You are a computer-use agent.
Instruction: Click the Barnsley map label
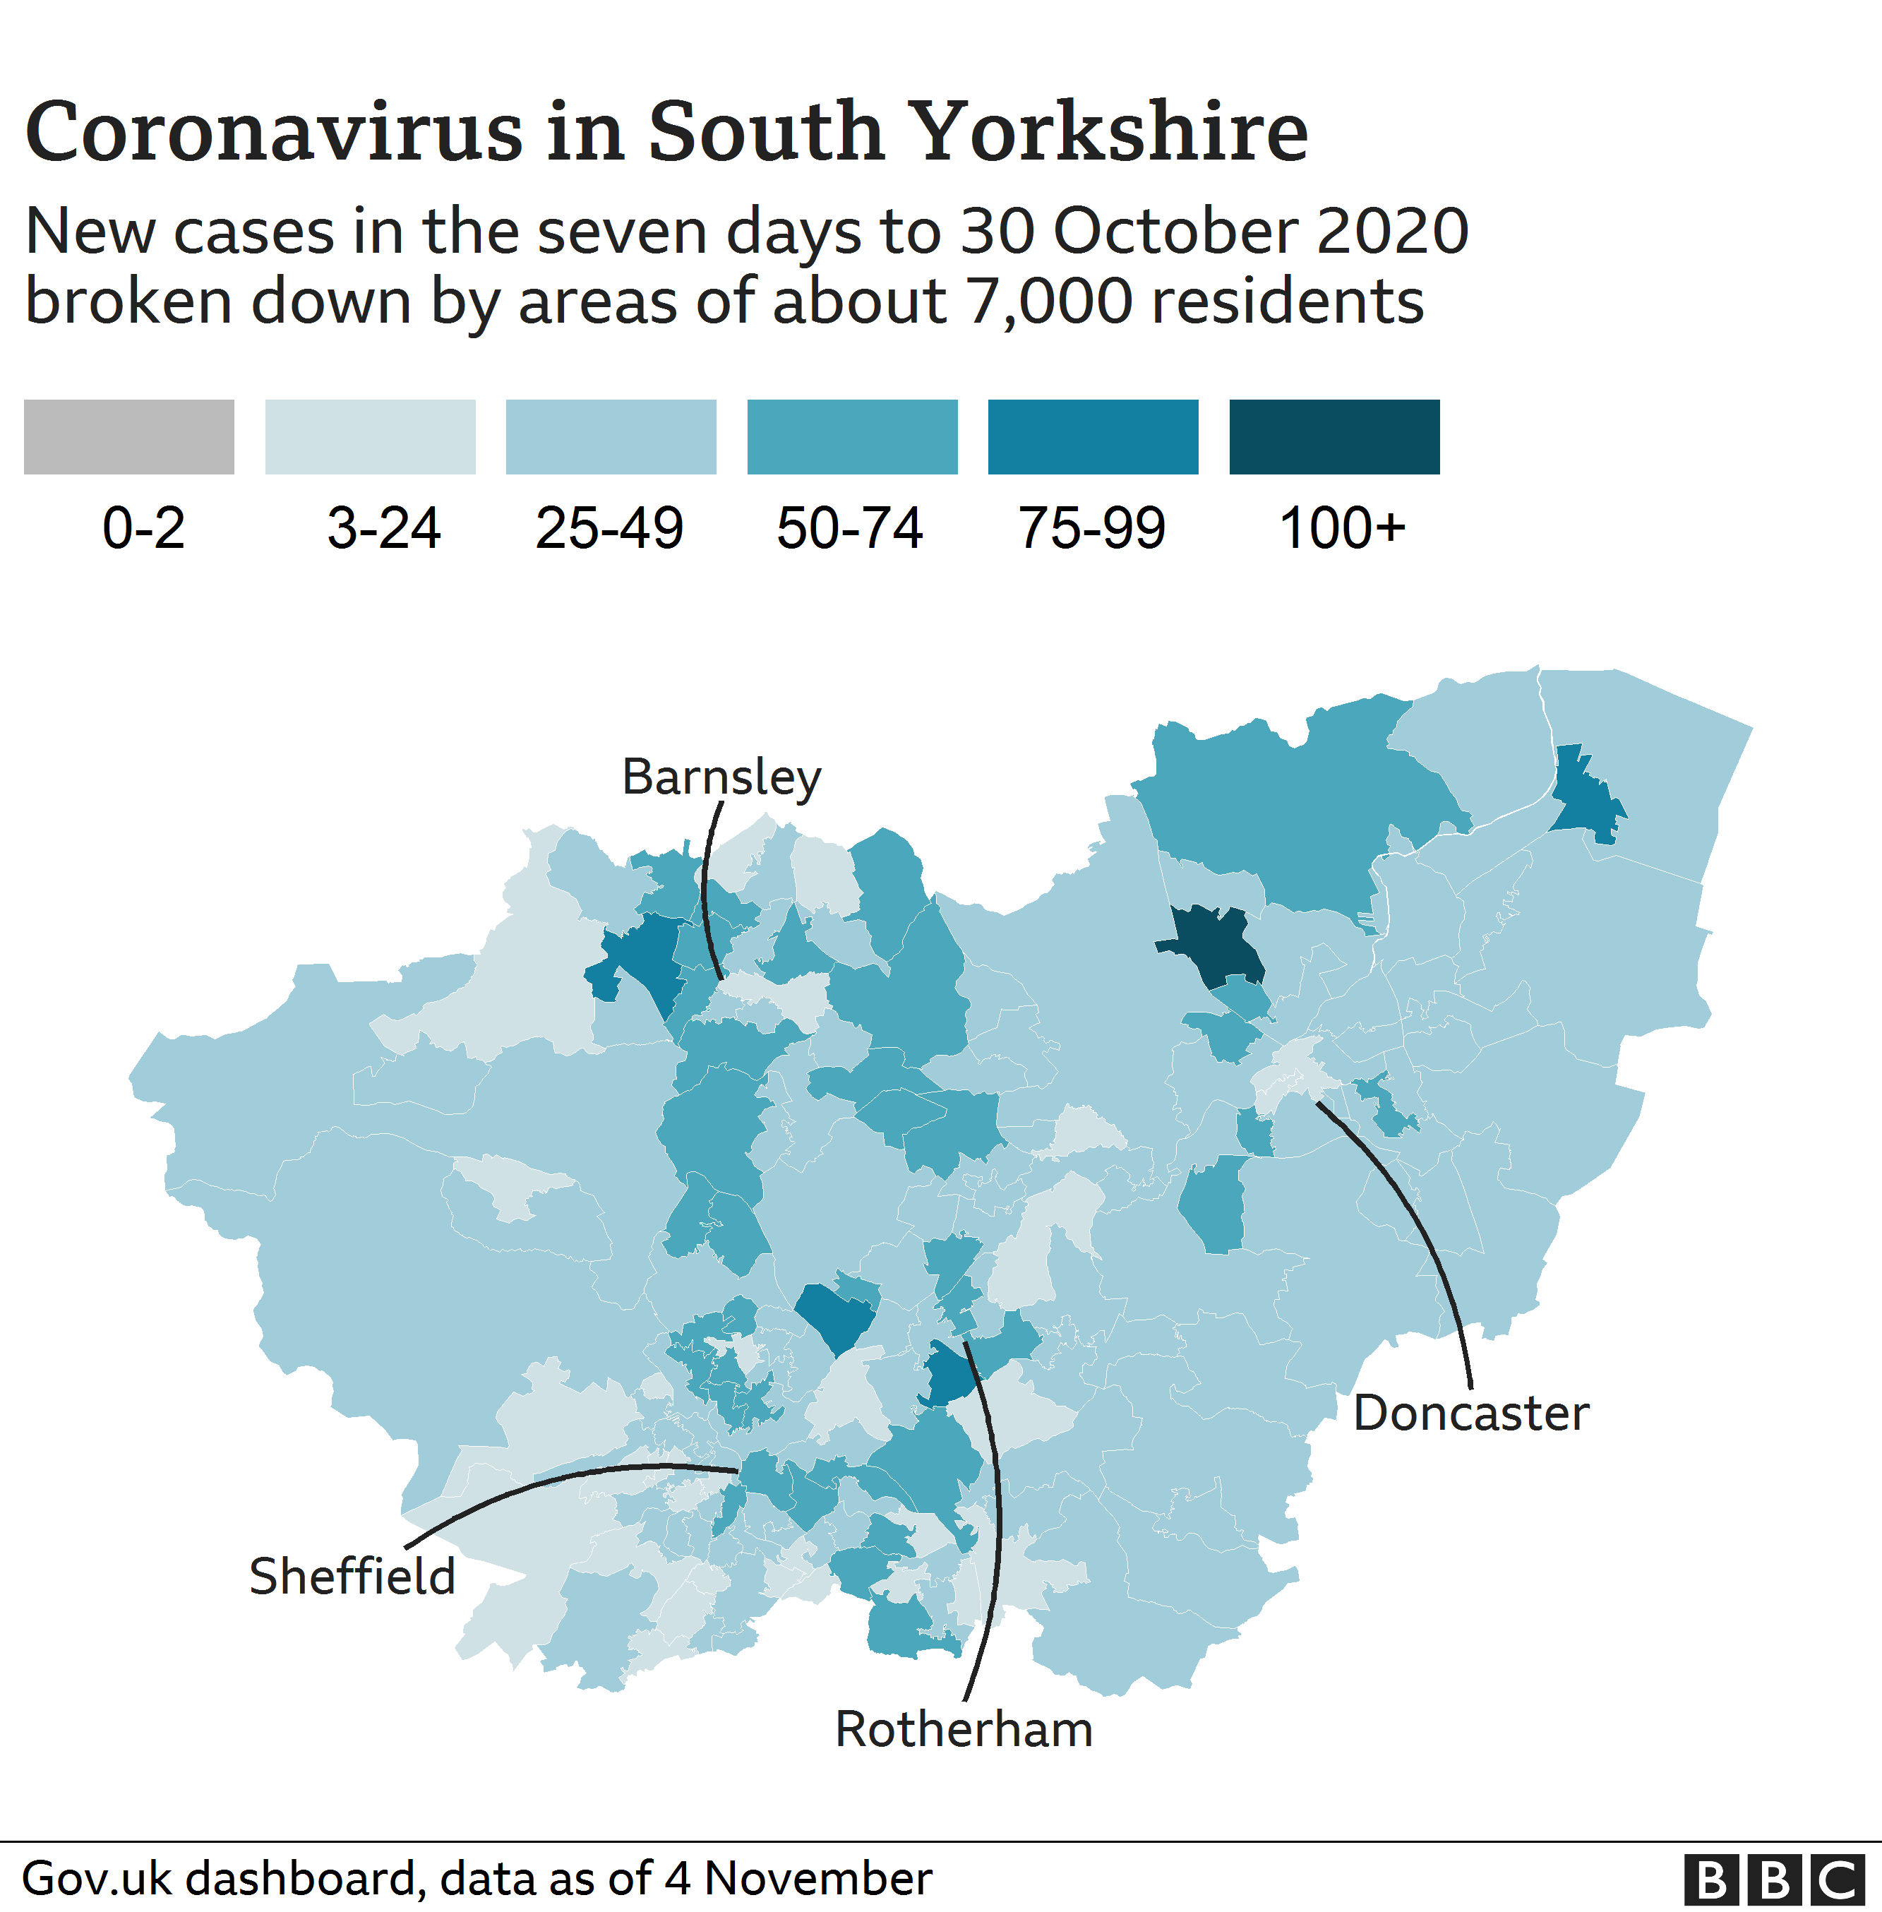tap(721, 777)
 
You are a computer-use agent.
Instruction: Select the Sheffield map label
tap(352, 1576)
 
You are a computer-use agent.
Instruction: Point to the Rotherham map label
tap(964, 1729)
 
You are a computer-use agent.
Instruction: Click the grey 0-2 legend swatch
tap(128, 437)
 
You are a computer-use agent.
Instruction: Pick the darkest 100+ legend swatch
tap(1333, 437)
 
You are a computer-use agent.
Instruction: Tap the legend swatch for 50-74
tap(851, 437)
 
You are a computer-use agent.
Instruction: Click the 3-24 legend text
tap(383, 528)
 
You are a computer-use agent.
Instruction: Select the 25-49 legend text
tap(609, 528)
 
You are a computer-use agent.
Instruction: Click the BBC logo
tap(1773, 1880)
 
